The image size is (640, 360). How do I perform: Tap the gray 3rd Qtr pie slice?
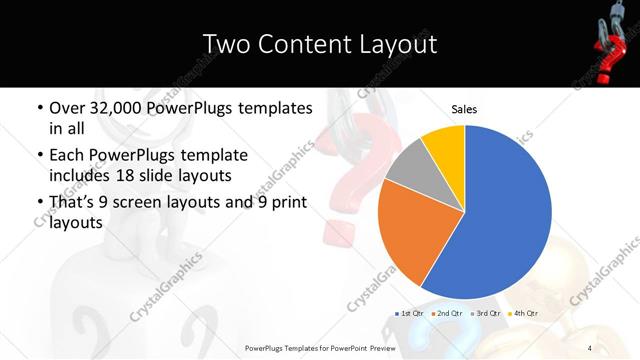click(x=408, y=167)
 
